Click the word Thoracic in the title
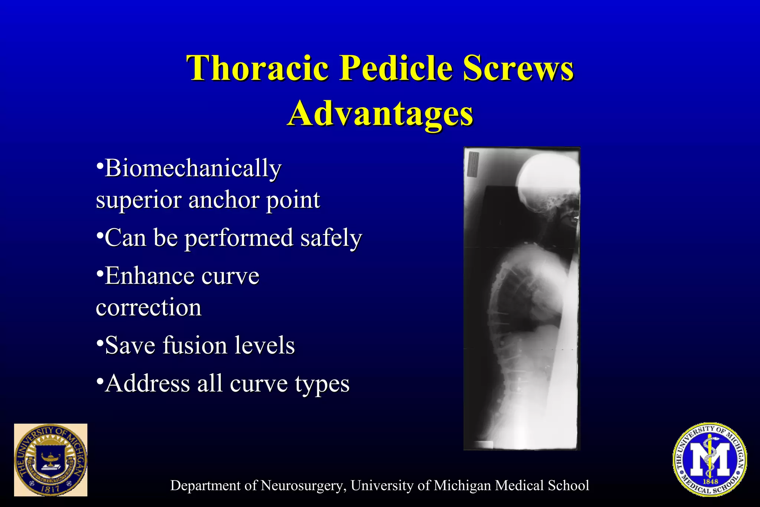258,68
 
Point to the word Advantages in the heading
380,114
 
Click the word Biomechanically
193,169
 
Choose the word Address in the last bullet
148,383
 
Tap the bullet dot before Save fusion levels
99,342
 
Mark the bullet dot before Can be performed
99,235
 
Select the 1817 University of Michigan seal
50,460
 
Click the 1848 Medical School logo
710,459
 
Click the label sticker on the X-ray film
473,164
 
